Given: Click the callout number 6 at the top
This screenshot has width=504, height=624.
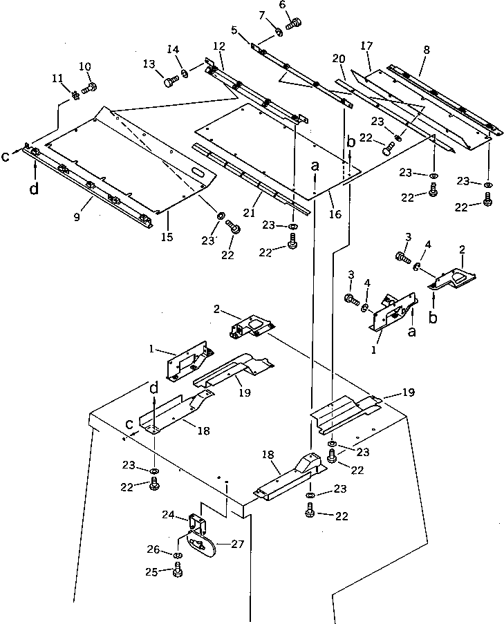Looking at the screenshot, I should pos(281,5).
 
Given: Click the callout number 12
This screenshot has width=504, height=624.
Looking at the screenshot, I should pos(219,46).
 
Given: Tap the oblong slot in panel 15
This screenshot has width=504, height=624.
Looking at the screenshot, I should pos(198,171).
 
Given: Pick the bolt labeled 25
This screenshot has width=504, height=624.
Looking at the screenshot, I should pos(178,571).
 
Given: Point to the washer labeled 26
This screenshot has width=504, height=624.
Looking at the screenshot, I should pos(178,556).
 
